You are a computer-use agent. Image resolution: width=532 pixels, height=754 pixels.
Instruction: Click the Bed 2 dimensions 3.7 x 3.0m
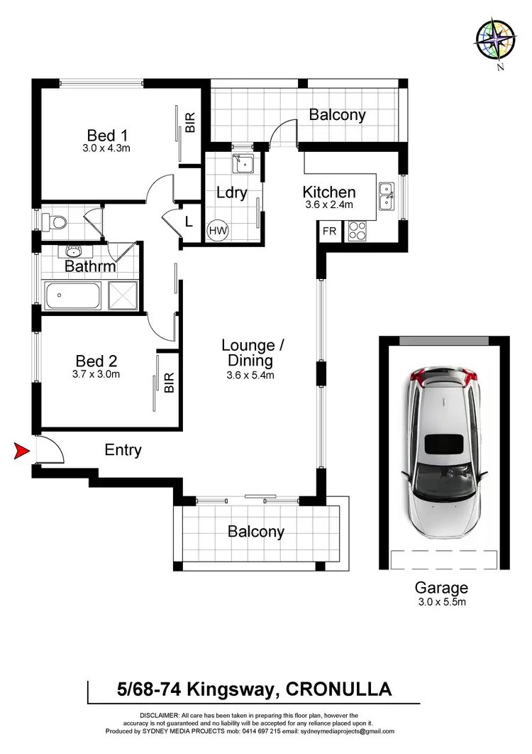[96, 375]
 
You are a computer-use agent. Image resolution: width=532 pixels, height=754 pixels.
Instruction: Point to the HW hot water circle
[216, 231]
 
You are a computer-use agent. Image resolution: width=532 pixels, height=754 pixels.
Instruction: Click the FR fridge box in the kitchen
[330, 231]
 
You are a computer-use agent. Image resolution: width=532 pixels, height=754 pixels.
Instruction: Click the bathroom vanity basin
[72, 251]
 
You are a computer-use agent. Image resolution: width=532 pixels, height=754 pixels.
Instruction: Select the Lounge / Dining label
[253, 353]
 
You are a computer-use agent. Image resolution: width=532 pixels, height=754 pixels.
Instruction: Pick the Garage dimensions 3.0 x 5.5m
[441, 602]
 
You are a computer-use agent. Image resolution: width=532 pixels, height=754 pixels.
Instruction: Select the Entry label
[123, 450]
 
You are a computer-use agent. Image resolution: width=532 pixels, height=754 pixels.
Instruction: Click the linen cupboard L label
[188, 222]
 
